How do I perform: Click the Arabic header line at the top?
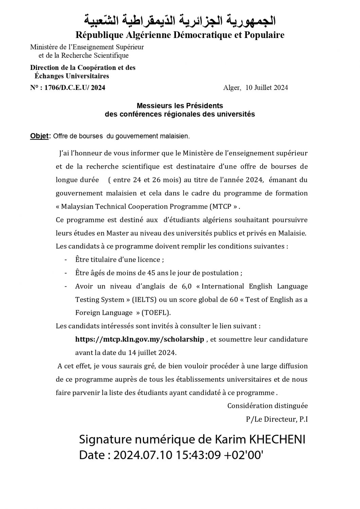pyautogui.click(x=180, y=21)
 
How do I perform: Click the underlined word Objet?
pyautogui.click(x=39, y=136)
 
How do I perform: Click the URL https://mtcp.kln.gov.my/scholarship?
pyautogui.click(x=140, y=339)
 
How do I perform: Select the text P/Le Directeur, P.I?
pyautogui.click(x=277, y=419)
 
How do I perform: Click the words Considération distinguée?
pyautogui.click(x=267, y=406)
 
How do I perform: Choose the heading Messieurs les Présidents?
pyautogui.click(x=180, y=106)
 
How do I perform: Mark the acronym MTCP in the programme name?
pyautogui.click(x=220, y=206)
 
